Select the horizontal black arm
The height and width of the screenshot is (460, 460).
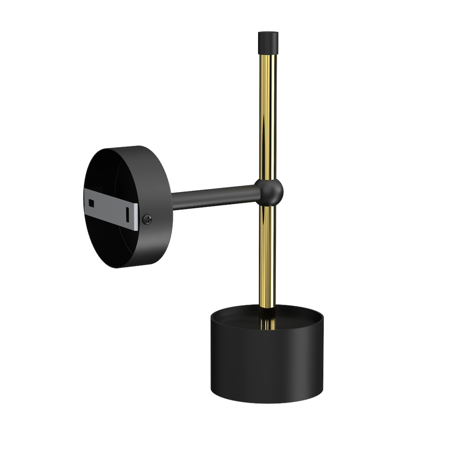213,197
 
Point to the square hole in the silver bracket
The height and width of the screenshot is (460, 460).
92,202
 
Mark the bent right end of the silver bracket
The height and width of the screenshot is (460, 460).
136,215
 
